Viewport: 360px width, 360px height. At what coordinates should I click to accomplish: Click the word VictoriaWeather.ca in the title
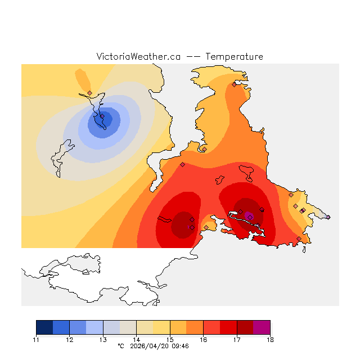coord(138,57)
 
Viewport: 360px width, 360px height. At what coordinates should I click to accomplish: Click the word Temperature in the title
coord(234,57)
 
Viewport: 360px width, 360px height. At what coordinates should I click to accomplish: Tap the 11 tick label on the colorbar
coord(36,340)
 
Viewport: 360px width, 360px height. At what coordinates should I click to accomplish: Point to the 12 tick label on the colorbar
coord(69,340)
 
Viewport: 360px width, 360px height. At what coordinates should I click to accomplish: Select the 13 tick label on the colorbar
coord(103,340)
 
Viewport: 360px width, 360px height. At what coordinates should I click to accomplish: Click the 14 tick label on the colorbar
coord(136,340)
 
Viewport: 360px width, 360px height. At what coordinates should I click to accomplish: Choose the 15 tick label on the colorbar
coord(170,340)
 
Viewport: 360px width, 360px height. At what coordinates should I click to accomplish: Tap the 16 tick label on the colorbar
coord(203,340)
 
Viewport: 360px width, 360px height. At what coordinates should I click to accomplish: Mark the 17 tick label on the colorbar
coord(237,340)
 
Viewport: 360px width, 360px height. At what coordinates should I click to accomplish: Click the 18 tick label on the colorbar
coord(270,340)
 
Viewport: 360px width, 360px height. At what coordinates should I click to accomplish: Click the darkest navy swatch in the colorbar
coord(44,327)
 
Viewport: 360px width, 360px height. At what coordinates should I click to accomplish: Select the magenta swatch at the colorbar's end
coord(262,327)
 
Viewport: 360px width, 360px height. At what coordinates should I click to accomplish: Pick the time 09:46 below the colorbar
coord(179,346)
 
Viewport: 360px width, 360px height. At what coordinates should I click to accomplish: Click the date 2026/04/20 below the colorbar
coord(148,346)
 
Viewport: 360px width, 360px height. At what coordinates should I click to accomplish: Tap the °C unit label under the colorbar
coord(120,346)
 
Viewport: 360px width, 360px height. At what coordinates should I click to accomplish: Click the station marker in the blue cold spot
coord(102,117)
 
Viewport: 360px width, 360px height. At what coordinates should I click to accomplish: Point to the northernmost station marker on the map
coord(234,84)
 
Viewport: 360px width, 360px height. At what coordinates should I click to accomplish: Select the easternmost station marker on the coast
coord(328,217)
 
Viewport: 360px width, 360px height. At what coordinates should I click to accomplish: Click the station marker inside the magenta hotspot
coord(250,217)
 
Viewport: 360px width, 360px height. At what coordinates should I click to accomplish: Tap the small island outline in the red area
coord(247,170)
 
